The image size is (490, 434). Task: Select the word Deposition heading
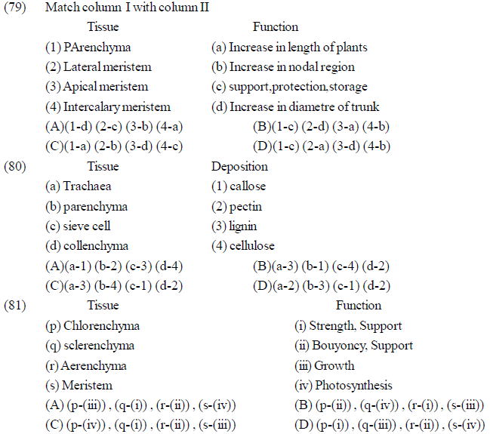pyautogui.click(x=239, y=167)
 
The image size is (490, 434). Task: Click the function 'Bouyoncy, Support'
pyautogui.click(x=353, y=346)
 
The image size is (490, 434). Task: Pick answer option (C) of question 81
pyautogui.click(x=140, y=426)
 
